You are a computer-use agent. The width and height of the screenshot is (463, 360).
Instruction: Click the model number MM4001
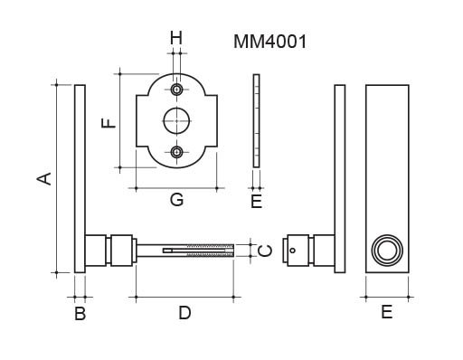click(x=269, y=42)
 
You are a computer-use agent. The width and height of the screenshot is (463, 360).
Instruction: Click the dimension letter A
click(x=44, y=178)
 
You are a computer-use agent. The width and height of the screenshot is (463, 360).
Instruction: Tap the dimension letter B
click(x=80, y=313)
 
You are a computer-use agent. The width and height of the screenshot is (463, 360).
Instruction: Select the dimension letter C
click(x=266, y=251)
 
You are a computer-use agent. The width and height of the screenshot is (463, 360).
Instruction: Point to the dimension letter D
click(x=184, y=313)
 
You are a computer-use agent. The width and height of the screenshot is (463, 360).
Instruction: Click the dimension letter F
click(x=109, y=123)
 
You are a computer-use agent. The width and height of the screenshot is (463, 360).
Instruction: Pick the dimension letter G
click(x=176, y=200)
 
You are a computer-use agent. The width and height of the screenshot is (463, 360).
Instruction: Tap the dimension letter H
click(x=176, y=38)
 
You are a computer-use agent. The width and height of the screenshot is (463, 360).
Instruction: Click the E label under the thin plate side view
click(x=257, y=202)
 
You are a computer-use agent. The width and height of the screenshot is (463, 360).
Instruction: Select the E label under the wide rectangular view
click(x=387, y=312)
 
